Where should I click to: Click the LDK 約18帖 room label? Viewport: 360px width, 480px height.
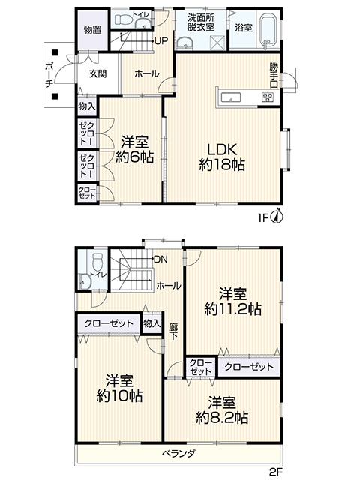[x=222, y=157]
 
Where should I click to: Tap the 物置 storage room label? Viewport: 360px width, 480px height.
[x=92, y=30]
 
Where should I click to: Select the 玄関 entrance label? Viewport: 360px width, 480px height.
[x=98, y=73]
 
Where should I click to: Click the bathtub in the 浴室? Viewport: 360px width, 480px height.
[x=268, y=31]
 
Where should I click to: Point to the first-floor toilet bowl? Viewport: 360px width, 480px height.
[x=123, y=19]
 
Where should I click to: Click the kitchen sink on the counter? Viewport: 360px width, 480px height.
[x=231, y=98]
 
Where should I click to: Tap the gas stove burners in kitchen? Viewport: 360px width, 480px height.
[x=268, y=97]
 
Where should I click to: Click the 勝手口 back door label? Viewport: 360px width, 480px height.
[x=274, y=75]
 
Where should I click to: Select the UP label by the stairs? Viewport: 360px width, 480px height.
[x=161, y=40]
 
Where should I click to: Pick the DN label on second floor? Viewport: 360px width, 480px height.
[x=160, y=259]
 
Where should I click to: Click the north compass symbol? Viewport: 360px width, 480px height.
[x=278, y=216]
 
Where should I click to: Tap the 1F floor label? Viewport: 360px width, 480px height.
[x=263, y=218]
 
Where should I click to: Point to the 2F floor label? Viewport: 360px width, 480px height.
[x=275, y=472]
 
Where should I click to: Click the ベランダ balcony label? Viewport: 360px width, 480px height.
[x=178, y=453]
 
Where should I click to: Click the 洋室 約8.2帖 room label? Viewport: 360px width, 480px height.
[x=222, y=410]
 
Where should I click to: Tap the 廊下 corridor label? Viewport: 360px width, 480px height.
[x=173, y=331]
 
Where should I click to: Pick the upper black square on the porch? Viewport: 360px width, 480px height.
[x=55, y=52]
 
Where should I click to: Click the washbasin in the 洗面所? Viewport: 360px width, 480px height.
[x=184, y=43]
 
